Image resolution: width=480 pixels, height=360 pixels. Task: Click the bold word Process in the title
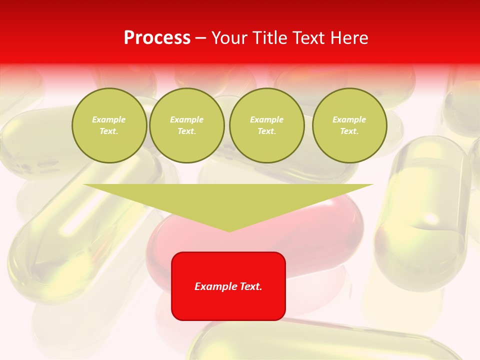click(x=157, y=38)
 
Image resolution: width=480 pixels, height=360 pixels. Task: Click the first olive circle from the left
click(x=109, y=125)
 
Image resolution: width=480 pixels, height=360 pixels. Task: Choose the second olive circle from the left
click(x=187, y=125)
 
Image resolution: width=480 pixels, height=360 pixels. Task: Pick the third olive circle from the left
click(x=266, y=125)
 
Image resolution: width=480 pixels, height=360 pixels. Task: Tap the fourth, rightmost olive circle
click(x=349, y=125)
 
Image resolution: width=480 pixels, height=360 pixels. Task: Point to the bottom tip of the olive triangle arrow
click(x=229, y=230)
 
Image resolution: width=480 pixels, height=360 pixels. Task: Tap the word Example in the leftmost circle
click(x=109, y=119)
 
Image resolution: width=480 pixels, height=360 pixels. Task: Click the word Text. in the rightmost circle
click(x=349, y=131)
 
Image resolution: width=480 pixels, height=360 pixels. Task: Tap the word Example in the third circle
click(x=266, y=119)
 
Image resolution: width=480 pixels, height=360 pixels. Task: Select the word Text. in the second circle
click(x=187, y=131)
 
